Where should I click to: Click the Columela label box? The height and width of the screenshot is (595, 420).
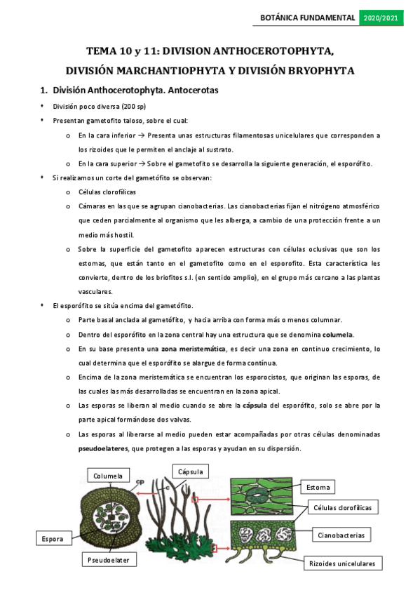[x=108, y=476]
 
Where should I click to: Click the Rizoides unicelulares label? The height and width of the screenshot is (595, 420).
[x=341, y=563]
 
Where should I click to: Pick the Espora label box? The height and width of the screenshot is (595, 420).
[x=52, y=539]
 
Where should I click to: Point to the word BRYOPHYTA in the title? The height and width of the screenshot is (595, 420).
[x=317, y=70]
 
